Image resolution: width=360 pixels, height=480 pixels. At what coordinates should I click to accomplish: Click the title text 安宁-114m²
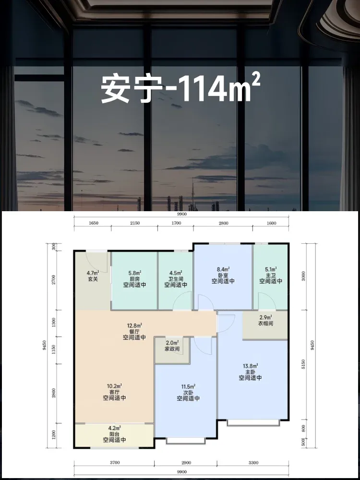180,89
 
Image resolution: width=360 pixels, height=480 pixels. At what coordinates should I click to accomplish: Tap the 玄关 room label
93,279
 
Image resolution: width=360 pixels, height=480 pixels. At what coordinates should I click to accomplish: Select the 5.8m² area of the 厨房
135,273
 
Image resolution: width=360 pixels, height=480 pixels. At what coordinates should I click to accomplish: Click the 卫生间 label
176,279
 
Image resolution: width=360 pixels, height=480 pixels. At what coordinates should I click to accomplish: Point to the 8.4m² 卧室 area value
224,269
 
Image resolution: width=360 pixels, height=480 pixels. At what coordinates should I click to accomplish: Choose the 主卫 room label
271,275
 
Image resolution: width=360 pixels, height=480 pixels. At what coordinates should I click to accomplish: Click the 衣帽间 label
265,323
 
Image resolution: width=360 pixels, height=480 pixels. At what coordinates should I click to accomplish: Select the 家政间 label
172,348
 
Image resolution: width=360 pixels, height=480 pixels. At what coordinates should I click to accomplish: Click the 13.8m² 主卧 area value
251,366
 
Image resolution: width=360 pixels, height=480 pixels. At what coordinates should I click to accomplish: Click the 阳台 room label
115,434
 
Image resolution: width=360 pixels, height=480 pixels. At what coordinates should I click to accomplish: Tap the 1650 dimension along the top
94,223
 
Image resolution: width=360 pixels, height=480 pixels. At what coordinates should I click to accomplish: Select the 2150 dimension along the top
135,223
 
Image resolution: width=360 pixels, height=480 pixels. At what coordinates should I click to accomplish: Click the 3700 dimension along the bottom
115,463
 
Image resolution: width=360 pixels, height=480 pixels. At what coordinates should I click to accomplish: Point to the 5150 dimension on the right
303,364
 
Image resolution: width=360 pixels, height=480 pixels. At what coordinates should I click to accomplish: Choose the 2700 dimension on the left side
54,280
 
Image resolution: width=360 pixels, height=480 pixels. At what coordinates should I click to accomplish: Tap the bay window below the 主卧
253,423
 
